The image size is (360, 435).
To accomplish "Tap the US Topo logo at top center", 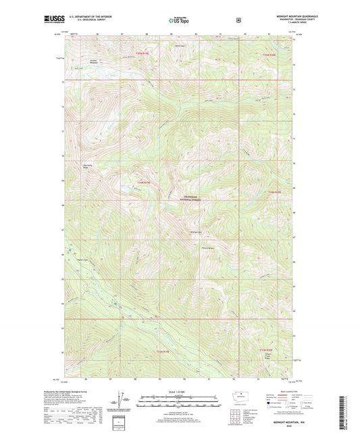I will (x=179, y=21).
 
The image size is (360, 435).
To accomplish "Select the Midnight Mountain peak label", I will (x=197, y=235).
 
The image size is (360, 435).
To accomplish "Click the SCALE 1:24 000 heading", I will (x=178, y=392).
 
